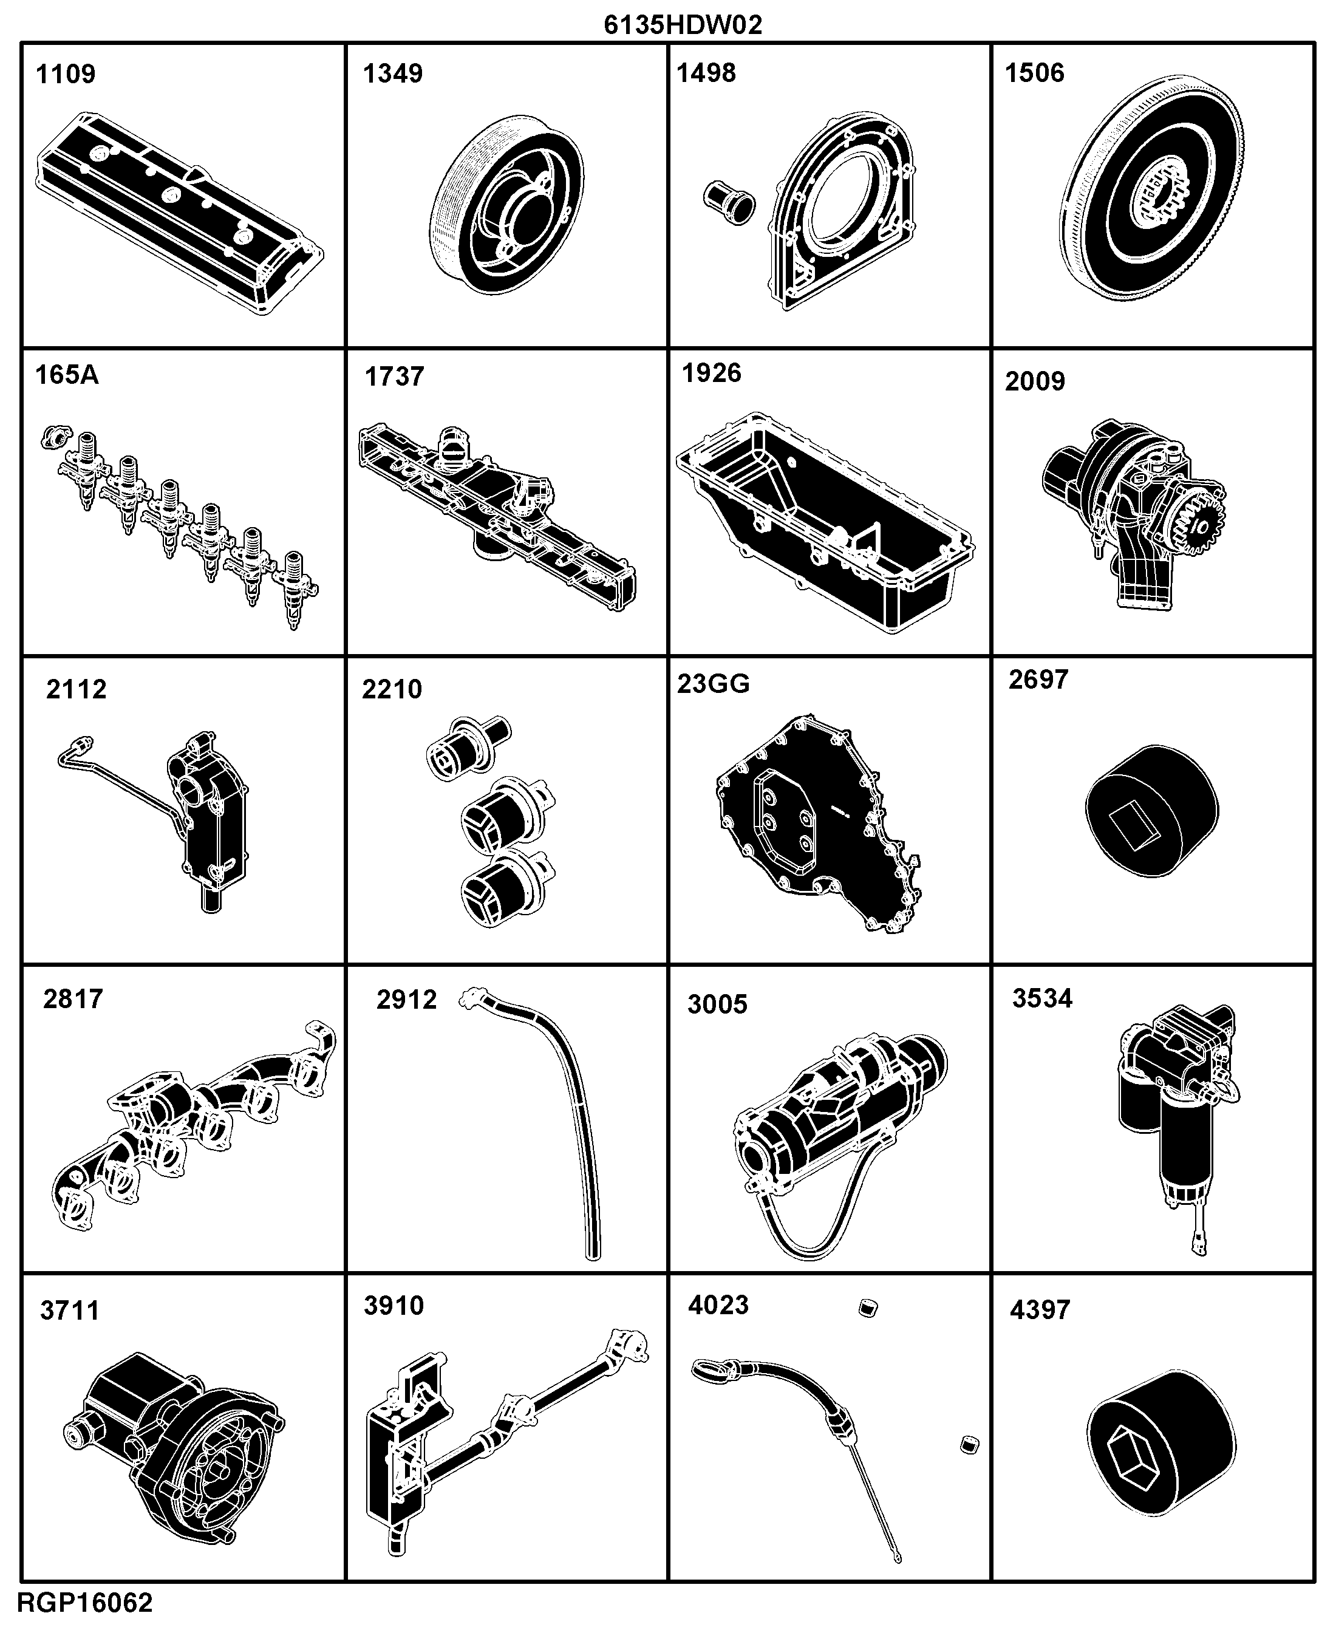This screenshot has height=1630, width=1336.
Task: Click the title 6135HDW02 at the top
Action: tap(683, 25)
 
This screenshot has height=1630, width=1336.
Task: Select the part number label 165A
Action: tap(67, 375)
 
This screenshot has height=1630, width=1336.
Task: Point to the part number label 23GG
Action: tap(714, 683)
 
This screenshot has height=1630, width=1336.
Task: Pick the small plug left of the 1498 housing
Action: tap(729, 202)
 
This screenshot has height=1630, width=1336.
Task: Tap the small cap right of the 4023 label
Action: tap(868, 1308)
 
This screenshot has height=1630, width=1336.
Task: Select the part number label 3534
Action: tap(1042, 998)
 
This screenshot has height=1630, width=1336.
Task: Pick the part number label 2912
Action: tap(406, 999)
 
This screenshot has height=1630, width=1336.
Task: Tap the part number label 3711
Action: tap(70, 1310)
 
